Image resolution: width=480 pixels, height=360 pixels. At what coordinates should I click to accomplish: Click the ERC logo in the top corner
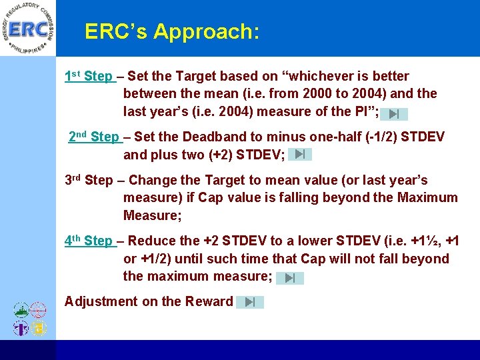pos(27,29)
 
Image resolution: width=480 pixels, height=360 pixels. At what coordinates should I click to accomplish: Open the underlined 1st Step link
pos(89,77)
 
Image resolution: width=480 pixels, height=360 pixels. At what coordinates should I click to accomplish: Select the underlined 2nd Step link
pos(95,137)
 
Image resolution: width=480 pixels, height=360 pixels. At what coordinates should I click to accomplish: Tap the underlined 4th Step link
pos(89,241)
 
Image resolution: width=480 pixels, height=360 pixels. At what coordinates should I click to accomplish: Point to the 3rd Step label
pos(89,181)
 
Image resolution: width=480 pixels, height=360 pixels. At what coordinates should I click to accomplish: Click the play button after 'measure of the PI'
pos(394,114)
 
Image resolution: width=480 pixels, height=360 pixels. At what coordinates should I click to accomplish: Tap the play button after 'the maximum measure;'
pos(290,278)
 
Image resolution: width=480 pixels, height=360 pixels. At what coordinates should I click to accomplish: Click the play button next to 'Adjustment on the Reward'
pos(250,302)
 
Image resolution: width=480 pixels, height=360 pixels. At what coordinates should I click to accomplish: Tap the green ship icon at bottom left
pos(21,311)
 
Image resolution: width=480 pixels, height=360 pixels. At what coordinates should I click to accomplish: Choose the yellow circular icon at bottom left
pos(39,328)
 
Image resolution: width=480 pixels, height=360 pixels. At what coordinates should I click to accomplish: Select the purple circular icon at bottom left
pos(21,328)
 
